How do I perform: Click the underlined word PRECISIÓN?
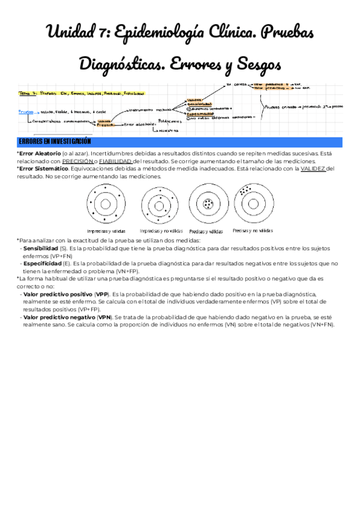pos(78,161)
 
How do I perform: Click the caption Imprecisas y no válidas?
pos(161,230)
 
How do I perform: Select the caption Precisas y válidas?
pos(206,231)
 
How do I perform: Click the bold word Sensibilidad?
pos(41,248)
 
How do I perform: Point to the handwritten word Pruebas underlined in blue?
pos(26,112)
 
